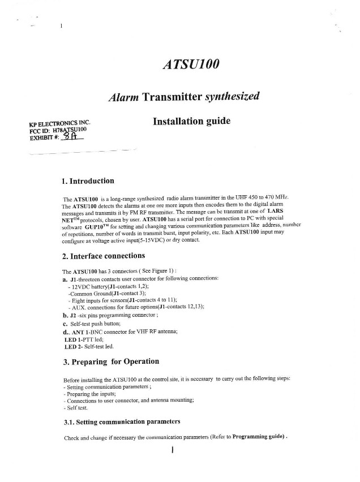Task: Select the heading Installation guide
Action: [x=191, y=121]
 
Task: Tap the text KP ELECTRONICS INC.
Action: [x=59, y=123]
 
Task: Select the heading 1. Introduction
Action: [x=88, y=181]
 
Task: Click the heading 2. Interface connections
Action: [x=108, y=256]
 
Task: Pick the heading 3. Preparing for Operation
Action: [x=111, y=361]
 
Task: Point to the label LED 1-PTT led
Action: [x=84, y=339]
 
